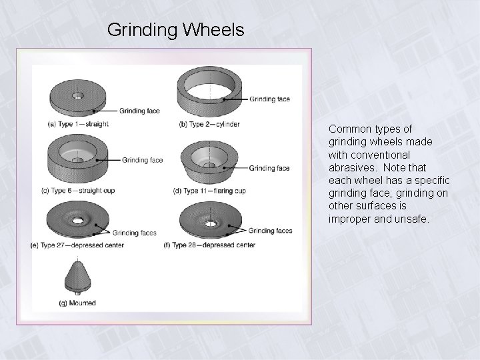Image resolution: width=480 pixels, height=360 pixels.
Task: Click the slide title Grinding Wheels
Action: tap(175, 30)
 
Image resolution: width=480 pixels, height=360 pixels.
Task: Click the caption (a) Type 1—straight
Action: tap(79, 124)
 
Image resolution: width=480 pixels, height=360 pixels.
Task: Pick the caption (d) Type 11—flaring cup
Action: tap(209, 191)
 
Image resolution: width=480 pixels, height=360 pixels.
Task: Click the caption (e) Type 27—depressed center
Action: tap(87, 245)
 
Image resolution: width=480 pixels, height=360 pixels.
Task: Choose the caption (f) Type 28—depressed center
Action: tap(209, 245)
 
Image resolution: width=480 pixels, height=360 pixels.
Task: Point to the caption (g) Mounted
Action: tap(77, 303)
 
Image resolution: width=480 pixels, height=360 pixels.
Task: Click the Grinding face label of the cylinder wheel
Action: tap(270, 99)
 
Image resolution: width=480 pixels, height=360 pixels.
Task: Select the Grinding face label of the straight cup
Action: tap(143, 160)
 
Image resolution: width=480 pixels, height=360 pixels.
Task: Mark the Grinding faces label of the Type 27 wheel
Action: tap(135, 233)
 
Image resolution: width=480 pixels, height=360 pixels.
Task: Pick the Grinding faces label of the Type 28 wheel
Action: tap(270, 231)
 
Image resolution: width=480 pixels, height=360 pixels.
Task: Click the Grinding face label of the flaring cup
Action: tap(269, 169)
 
